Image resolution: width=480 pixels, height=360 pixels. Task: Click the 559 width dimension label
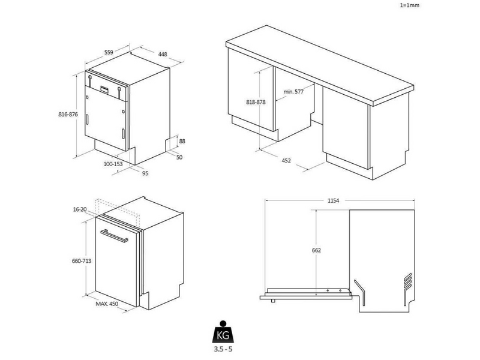pos(109,52)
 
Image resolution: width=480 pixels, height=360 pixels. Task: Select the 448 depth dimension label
pos(163,54)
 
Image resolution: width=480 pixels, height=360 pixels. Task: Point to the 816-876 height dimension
pos(68,115)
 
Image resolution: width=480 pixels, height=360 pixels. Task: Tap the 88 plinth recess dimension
pos(182,141)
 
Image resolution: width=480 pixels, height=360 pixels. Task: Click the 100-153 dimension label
pos(113,164)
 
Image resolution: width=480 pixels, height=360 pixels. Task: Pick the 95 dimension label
pos(145,173)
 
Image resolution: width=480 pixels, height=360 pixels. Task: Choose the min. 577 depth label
pos(293,92)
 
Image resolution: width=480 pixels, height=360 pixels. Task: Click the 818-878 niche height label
pos(256,102)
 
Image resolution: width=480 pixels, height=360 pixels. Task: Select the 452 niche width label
pos(286,161)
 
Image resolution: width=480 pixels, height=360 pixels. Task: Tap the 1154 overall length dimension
pos(334,201)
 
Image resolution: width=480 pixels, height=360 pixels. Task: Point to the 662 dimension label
pos(316,250)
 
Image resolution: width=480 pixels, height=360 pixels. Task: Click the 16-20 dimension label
pos(80,209)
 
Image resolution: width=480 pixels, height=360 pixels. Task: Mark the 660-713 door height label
pos(82,261)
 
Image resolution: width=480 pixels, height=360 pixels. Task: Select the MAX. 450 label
pos(107,304)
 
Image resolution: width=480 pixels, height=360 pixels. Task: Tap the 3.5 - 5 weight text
pos(223,349)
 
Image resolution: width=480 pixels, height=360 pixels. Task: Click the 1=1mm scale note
pos(410,5)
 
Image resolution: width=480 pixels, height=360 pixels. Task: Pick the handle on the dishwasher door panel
pos(114,235)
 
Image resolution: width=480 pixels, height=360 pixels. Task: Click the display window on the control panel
pos(104,89)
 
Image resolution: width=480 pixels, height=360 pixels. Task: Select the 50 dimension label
pos(179,157)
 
